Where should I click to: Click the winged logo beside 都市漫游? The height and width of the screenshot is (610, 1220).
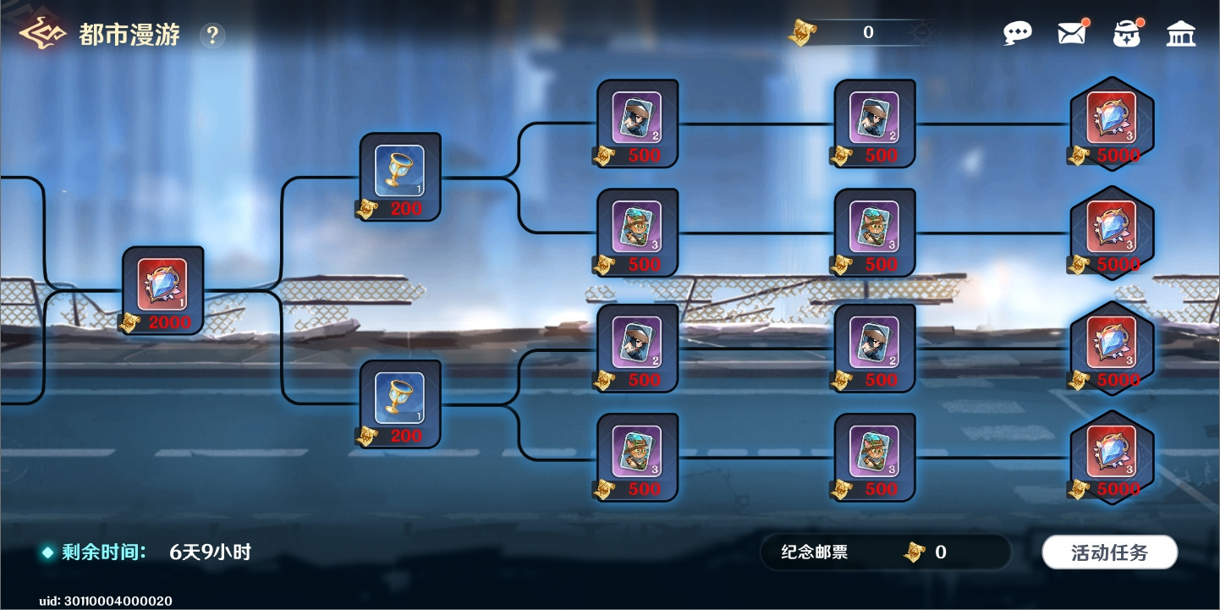tap(42, 33)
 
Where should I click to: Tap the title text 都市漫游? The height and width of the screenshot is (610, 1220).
tap(129, 35)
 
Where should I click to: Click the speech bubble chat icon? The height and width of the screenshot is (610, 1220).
tap(1018, 33)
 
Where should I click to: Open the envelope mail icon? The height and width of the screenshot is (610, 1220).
tap(1071, 34)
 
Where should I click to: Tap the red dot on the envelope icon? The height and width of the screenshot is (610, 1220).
tap(1085, 22)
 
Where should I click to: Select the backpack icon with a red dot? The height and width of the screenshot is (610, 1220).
tap(1127, 34)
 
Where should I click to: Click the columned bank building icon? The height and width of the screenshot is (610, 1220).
tap(1181, 34)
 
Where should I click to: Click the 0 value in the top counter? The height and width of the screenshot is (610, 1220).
tap(868, 32)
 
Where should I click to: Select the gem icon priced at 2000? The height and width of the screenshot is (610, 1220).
tap(162, 283)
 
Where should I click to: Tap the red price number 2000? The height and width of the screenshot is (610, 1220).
tap(169, 322)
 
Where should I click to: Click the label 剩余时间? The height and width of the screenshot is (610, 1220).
tap(103, 552)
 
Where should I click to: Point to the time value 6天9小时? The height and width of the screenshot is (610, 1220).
tap(210, 552)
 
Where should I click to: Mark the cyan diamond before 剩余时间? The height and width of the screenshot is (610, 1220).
tap(48, 552)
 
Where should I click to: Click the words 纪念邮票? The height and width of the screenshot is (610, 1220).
tap(814, 552)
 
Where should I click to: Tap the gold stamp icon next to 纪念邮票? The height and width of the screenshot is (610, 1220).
tap(915, 552)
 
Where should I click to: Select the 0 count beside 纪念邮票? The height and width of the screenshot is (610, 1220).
tap(941, 552)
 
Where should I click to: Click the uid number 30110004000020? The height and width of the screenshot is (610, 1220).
tap(118, 601)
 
